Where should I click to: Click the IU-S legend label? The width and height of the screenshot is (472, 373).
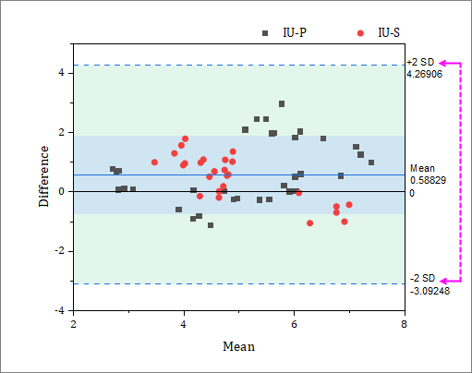point(389,32)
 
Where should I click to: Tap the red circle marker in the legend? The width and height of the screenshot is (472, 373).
point(360,32)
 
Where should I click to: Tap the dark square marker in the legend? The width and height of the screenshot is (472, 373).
point(265,32)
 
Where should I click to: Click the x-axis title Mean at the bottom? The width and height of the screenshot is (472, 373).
point(238,346)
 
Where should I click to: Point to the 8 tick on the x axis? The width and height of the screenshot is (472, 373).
point(404,324)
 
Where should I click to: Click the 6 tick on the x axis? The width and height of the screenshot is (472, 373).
point(294,324)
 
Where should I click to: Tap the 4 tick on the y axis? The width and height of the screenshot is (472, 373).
point(60,72)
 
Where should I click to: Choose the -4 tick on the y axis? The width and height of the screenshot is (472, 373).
point(58,310)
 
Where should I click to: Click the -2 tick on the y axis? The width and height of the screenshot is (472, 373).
point(58,251)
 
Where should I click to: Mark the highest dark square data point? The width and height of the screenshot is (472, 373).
point(282,104)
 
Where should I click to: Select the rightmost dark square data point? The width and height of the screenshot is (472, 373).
point(371,162)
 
